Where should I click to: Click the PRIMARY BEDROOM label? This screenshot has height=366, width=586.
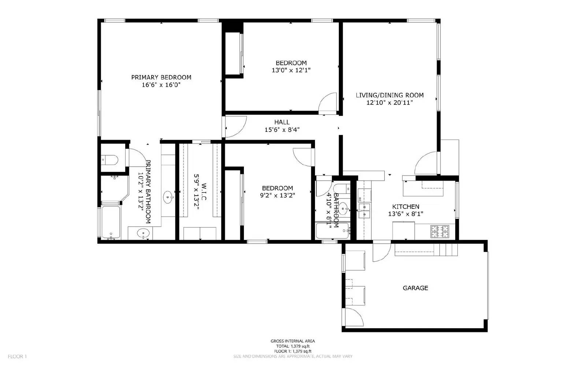161,77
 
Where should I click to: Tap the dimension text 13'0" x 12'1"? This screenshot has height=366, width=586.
291,70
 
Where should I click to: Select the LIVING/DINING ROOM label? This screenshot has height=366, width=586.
390,95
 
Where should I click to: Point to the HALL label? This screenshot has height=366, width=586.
282,122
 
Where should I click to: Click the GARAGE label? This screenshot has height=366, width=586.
415,288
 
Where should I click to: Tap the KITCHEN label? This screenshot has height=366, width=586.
406,207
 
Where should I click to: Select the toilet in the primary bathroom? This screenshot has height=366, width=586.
110,159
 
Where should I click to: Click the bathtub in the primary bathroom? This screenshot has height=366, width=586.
111,222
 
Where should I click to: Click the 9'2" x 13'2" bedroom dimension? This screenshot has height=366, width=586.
278,195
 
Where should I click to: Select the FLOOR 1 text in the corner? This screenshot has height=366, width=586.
17,356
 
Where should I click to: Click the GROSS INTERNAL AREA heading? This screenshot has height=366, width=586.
293,341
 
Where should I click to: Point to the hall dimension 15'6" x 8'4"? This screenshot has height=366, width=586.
282,129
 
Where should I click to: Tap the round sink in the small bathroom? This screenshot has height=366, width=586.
344,209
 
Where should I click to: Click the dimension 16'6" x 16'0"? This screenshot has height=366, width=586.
161,85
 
